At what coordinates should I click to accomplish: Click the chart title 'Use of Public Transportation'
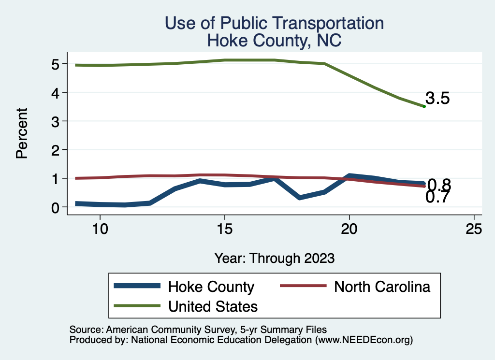274,23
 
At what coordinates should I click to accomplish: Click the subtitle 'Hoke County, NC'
274,41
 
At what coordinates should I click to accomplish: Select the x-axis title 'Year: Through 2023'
274,259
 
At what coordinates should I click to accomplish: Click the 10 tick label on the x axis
100,229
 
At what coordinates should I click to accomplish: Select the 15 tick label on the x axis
224,229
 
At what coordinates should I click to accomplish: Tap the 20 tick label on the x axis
349,229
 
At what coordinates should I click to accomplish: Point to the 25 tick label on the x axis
474,229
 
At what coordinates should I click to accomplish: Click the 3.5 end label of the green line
438,99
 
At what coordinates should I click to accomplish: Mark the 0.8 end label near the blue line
439,185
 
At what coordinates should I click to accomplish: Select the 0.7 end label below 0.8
438,197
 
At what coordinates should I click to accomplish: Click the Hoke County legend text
211,287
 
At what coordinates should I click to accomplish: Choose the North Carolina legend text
382,287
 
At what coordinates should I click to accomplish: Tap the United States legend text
213,306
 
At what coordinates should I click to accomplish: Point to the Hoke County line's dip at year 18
300,198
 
